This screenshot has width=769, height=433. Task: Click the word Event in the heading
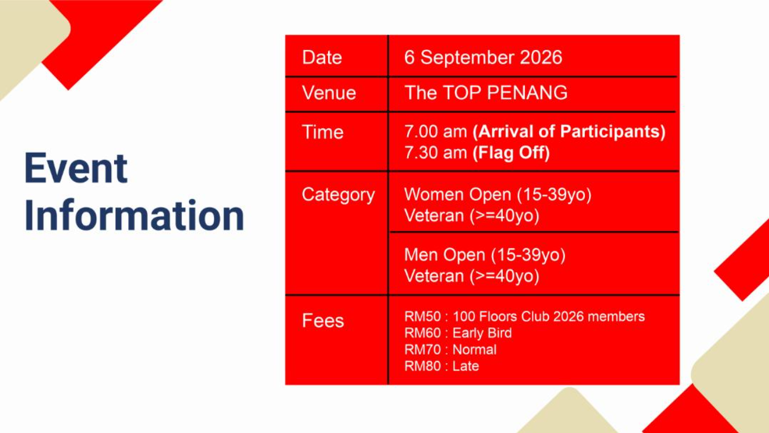click(76, 168)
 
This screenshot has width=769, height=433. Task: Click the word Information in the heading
click(134, 215)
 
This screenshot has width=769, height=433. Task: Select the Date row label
click(322, 57)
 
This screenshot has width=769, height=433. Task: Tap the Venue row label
click(329, 93)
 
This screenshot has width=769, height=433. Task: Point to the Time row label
click(323, 132)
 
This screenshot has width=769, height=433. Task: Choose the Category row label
click(338, 195)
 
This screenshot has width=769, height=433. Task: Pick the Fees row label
click(323, 321)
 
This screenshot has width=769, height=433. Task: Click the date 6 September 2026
click(483, 57)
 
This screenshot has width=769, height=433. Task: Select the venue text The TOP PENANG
click(486, 93)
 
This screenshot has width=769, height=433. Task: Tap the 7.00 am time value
click(436, 132)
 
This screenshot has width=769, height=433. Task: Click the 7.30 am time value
click(436, 153)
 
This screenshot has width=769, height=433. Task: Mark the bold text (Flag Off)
click(511, 153)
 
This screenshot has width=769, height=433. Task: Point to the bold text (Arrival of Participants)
click(569, 132)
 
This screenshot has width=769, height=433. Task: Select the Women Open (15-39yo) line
click(498, 195)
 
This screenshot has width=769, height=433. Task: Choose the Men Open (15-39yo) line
click(485, 255)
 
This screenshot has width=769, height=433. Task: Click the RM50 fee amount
click(423, 317)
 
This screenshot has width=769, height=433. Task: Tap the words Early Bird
click(482, 333)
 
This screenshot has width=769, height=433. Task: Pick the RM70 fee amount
click(423, 350)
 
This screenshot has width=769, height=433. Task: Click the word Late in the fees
click(465, 366)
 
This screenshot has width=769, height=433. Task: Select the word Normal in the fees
click(474, 350)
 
